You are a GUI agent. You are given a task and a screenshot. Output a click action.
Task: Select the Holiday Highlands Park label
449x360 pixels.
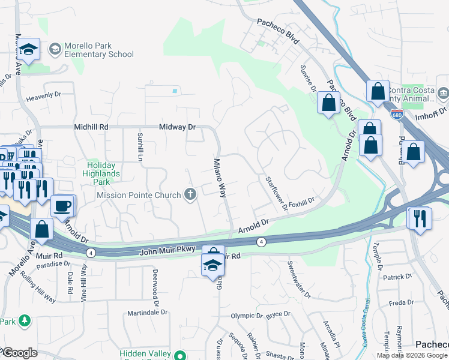(x=103, y=169)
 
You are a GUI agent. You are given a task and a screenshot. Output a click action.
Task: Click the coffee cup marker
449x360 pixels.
(x=62, y=206)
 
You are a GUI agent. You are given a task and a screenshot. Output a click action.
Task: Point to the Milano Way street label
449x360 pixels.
(x=220, y=178)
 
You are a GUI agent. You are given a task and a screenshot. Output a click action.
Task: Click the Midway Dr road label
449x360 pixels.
(x=178, y=127)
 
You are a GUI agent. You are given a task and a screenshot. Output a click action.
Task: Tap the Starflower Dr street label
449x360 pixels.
(x=277, y=193)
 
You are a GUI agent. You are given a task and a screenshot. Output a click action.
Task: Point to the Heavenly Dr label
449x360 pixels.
(x=44, y=95)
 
